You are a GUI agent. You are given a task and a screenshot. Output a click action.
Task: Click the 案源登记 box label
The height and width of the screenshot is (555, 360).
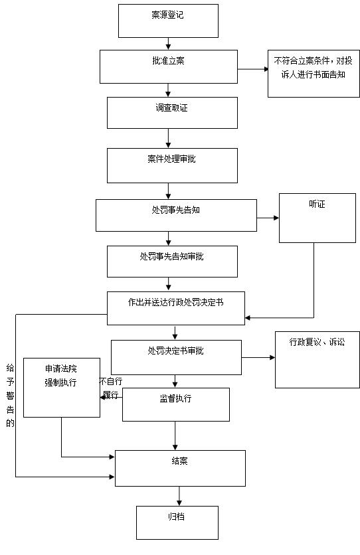coord(167,15)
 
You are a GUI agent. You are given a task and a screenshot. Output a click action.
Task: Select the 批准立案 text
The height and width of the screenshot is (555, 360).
coord(168,60)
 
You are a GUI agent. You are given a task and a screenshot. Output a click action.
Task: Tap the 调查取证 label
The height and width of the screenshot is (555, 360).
coord(171,108)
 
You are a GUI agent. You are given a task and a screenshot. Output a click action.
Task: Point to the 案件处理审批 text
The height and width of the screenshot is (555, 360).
coord(171,159)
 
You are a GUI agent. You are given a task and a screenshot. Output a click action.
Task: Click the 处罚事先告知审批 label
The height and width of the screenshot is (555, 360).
coord(171,256)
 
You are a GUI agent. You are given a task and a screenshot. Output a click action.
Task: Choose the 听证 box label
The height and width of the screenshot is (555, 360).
coord(317,204)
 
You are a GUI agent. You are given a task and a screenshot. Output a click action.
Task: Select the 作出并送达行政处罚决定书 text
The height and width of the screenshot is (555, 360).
coord(175,302)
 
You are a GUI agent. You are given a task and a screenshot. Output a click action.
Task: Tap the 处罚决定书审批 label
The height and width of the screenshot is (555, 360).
coord(175,351)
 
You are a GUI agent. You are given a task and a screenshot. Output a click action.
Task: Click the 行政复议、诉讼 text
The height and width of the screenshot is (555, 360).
coord(317,342)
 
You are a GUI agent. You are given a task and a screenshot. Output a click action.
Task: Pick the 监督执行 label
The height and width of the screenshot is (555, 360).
coord(175,398)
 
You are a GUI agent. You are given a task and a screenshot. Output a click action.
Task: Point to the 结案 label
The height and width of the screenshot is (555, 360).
coord(179,461)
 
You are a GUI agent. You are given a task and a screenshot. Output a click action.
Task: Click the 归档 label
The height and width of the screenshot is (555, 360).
coord(176,516)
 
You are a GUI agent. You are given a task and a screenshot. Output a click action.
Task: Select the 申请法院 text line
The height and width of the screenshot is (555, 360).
coord(61,369)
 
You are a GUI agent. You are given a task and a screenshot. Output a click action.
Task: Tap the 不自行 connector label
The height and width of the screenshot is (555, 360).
coord(111,381)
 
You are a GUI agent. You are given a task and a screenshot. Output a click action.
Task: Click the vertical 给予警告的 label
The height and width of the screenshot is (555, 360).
coord(10,396)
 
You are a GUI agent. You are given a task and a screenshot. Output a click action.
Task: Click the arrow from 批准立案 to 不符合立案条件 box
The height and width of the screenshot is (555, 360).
coord(253,69)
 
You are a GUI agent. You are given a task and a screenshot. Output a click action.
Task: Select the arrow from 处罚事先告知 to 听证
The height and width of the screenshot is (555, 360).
coord(268,218)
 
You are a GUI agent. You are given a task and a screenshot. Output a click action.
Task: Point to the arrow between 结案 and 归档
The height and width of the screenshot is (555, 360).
coord(179,496)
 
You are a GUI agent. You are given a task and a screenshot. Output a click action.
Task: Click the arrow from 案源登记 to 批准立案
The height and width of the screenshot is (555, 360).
coord(168,44)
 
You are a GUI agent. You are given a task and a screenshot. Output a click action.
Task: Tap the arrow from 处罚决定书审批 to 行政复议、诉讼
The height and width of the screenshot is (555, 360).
coord(258,357)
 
